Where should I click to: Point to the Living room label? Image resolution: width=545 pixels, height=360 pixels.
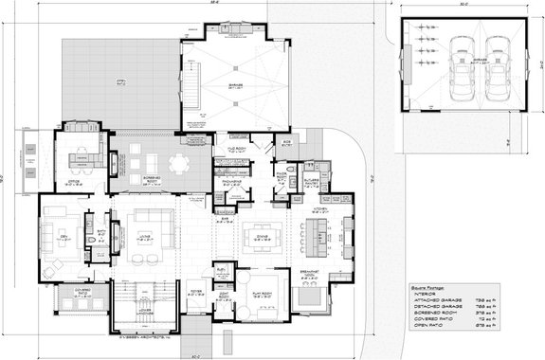tap(144, 241)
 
